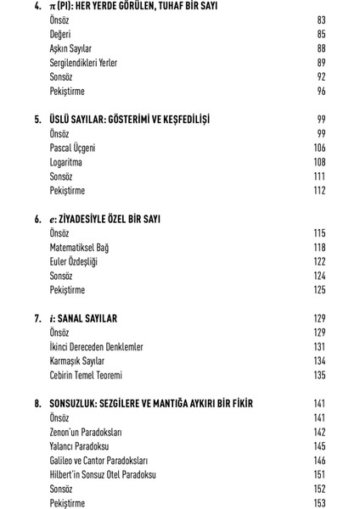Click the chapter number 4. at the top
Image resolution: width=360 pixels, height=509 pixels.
(x=37, y=6)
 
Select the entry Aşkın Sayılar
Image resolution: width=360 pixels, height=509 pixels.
(x=70, y=48)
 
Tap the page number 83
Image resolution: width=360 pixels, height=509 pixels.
(x=321, y=20)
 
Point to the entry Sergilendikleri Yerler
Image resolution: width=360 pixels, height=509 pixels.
(x=83, y=63)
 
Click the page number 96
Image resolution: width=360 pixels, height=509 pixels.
(x=321, y=92)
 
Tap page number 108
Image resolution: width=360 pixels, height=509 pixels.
(x=319, y=162)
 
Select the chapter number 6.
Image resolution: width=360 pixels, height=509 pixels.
(x=37, y=219)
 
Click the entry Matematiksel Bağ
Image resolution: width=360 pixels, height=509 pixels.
(x=79, y=248)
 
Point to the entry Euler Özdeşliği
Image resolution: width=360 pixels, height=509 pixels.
(x=74, y=262)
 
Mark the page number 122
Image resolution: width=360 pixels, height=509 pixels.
(x=319, y=262)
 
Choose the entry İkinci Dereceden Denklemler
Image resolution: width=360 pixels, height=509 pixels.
(x=96, y=347)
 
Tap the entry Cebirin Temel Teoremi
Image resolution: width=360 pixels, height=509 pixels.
(x=86, y=375)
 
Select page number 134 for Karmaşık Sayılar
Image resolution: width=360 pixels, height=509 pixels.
(x=319, y=361)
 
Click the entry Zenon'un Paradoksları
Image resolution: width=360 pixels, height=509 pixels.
(x=87, y=432)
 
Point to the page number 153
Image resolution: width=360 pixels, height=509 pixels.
(x=319, y=503)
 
